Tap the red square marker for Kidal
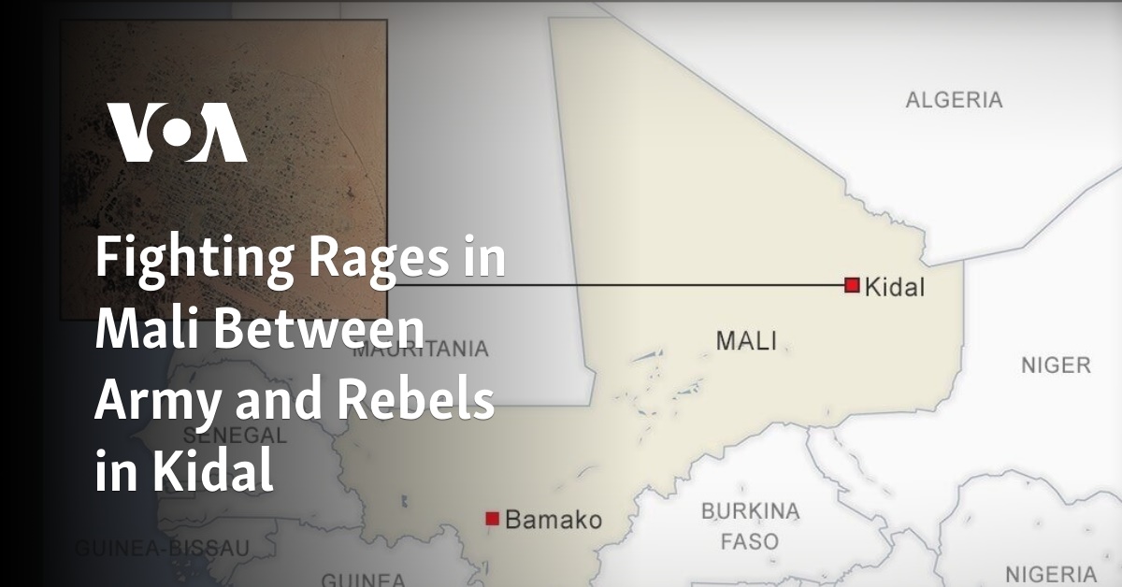(x=852, y=285)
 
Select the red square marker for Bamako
(x=493, y=518)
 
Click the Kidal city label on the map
(x=895, y=287)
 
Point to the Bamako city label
(x=554, y=521)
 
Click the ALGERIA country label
(x=954, y=100)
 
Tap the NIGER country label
(x=1056, y=365)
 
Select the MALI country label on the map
(x=746, y=341)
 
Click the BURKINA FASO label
(x=751, y=526)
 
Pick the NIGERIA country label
(x=1051, y=573)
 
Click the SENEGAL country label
(x=234, y=436)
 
